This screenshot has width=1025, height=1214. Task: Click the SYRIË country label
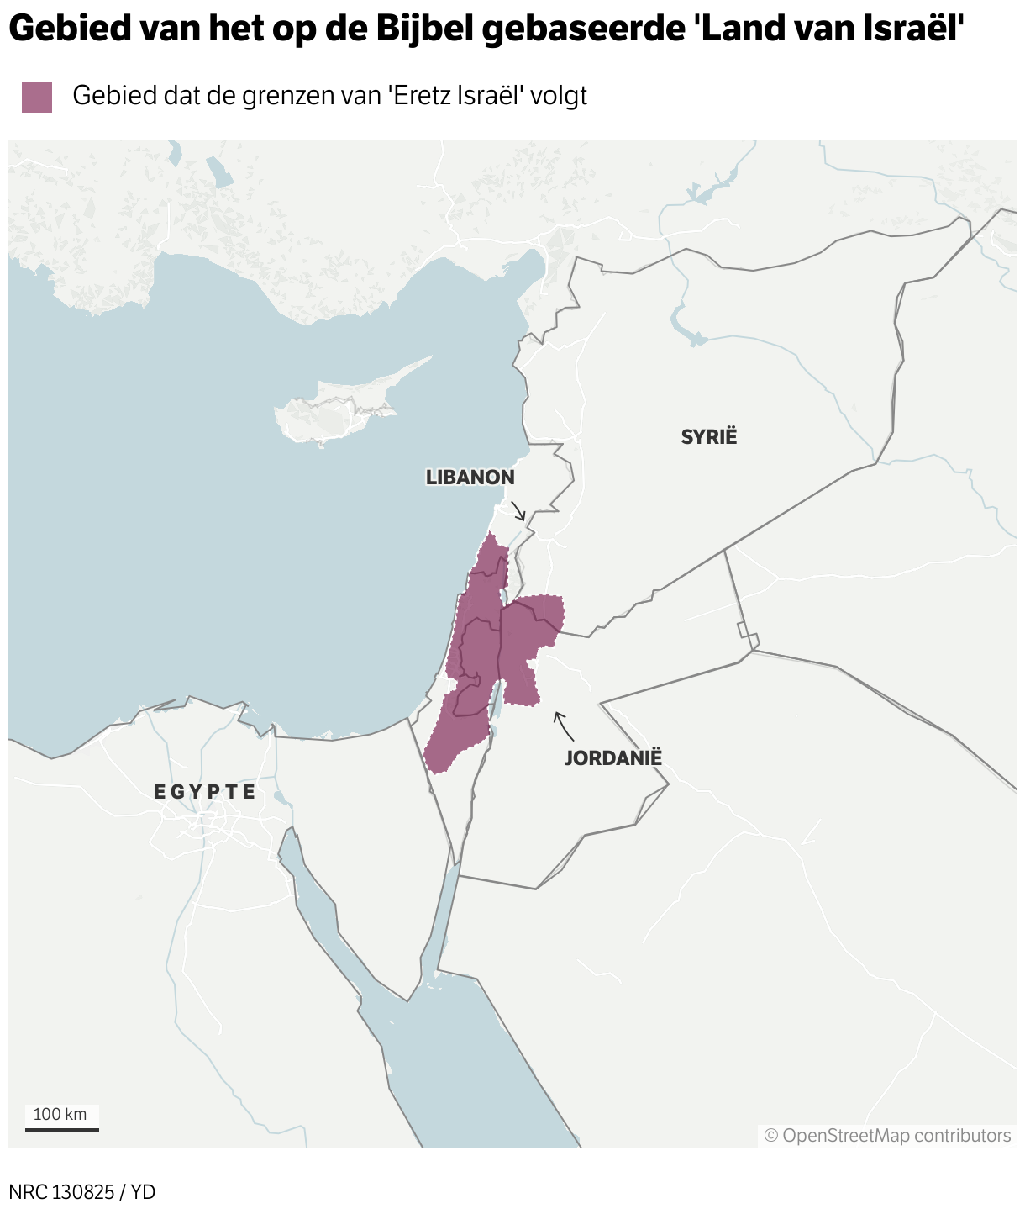tap(708, 436)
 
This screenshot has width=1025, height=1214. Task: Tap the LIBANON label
tap(470, 478)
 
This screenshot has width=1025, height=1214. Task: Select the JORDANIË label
tap(612, 757)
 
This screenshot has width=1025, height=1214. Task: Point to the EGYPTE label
tap(205, 791)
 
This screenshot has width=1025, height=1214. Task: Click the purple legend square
tap(37, 97)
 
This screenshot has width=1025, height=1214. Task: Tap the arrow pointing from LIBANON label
tap(518, 510)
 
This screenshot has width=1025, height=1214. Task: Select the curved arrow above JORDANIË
tap(562, 726)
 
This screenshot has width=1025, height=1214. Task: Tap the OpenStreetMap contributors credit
tap(887, 1136)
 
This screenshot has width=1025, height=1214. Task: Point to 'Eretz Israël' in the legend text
tap(459, 96)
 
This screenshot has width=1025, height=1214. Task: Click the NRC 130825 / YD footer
tap(82, 1191)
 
